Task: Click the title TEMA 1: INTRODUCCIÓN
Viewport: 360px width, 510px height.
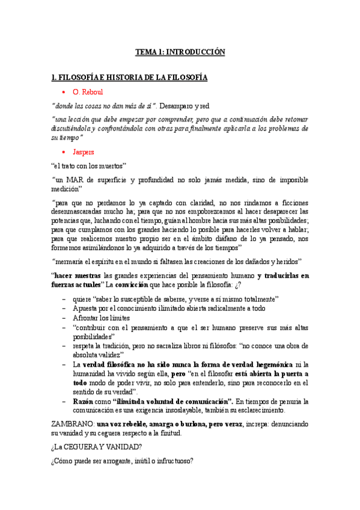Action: tap(180, 52)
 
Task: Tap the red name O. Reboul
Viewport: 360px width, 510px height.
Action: tap(88, 92)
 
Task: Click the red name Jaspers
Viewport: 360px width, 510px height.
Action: tap(83, 152)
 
